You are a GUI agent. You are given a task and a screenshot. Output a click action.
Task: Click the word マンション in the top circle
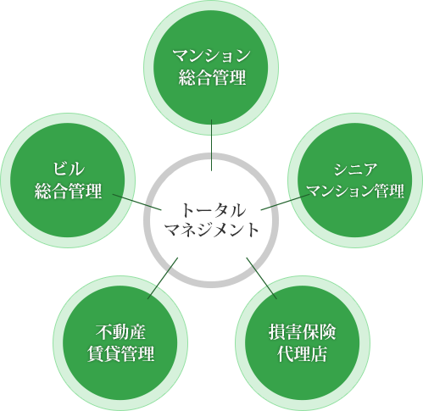point(212,55)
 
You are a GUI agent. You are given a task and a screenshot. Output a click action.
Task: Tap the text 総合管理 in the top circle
point(212,78)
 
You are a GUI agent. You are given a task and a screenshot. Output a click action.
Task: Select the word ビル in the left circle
point(69,169)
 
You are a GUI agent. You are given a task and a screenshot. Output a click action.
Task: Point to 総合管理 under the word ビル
point(68,192)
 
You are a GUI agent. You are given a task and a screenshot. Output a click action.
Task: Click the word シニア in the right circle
point(355,169)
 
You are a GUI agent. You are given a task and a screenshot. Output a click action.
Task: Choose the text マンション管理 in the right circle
point(355,191)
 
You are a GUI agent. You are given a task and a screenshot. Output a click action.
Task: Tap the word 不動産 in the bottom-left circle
point(120,332)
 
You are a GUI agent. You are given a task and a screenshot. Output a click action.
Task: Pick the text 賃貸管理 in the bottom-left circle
point(120,353)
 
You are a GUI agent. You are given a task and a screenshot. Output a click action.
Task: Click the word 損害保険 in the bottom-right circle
point(303,332)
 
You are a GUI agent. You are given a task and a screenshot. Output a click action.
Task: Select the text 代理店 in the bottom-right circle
point(303,353)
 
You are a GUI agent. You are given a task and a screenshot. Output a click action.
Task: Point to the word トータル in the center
point(212,210)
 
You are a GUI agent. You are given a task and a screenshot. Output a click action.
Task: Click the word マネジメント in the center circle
point(212,230)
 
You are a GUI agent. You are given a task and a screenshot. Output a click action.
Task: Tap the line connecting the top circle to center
point(211,145)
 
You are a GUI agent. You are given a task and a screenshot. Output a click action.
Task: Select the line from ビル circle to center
point(137,202)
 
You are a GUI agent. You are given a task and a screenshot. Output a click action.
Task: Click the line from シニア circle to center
point(286,202)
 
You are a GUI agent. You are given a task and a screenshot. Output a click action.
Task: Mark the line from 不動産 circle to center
point(163,278)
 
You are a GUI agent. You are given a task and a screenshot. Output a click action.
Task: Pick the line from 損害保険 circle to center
point(261,278)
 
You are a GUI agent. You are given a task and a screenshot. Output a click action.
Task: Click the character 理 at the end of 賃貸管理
point(146,353)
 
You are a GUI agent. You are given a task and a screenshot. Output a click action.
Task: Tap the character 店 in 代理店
point(320,353)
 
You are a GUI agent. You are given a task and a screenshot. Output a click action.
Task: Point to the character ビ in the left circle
point(61,169)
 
